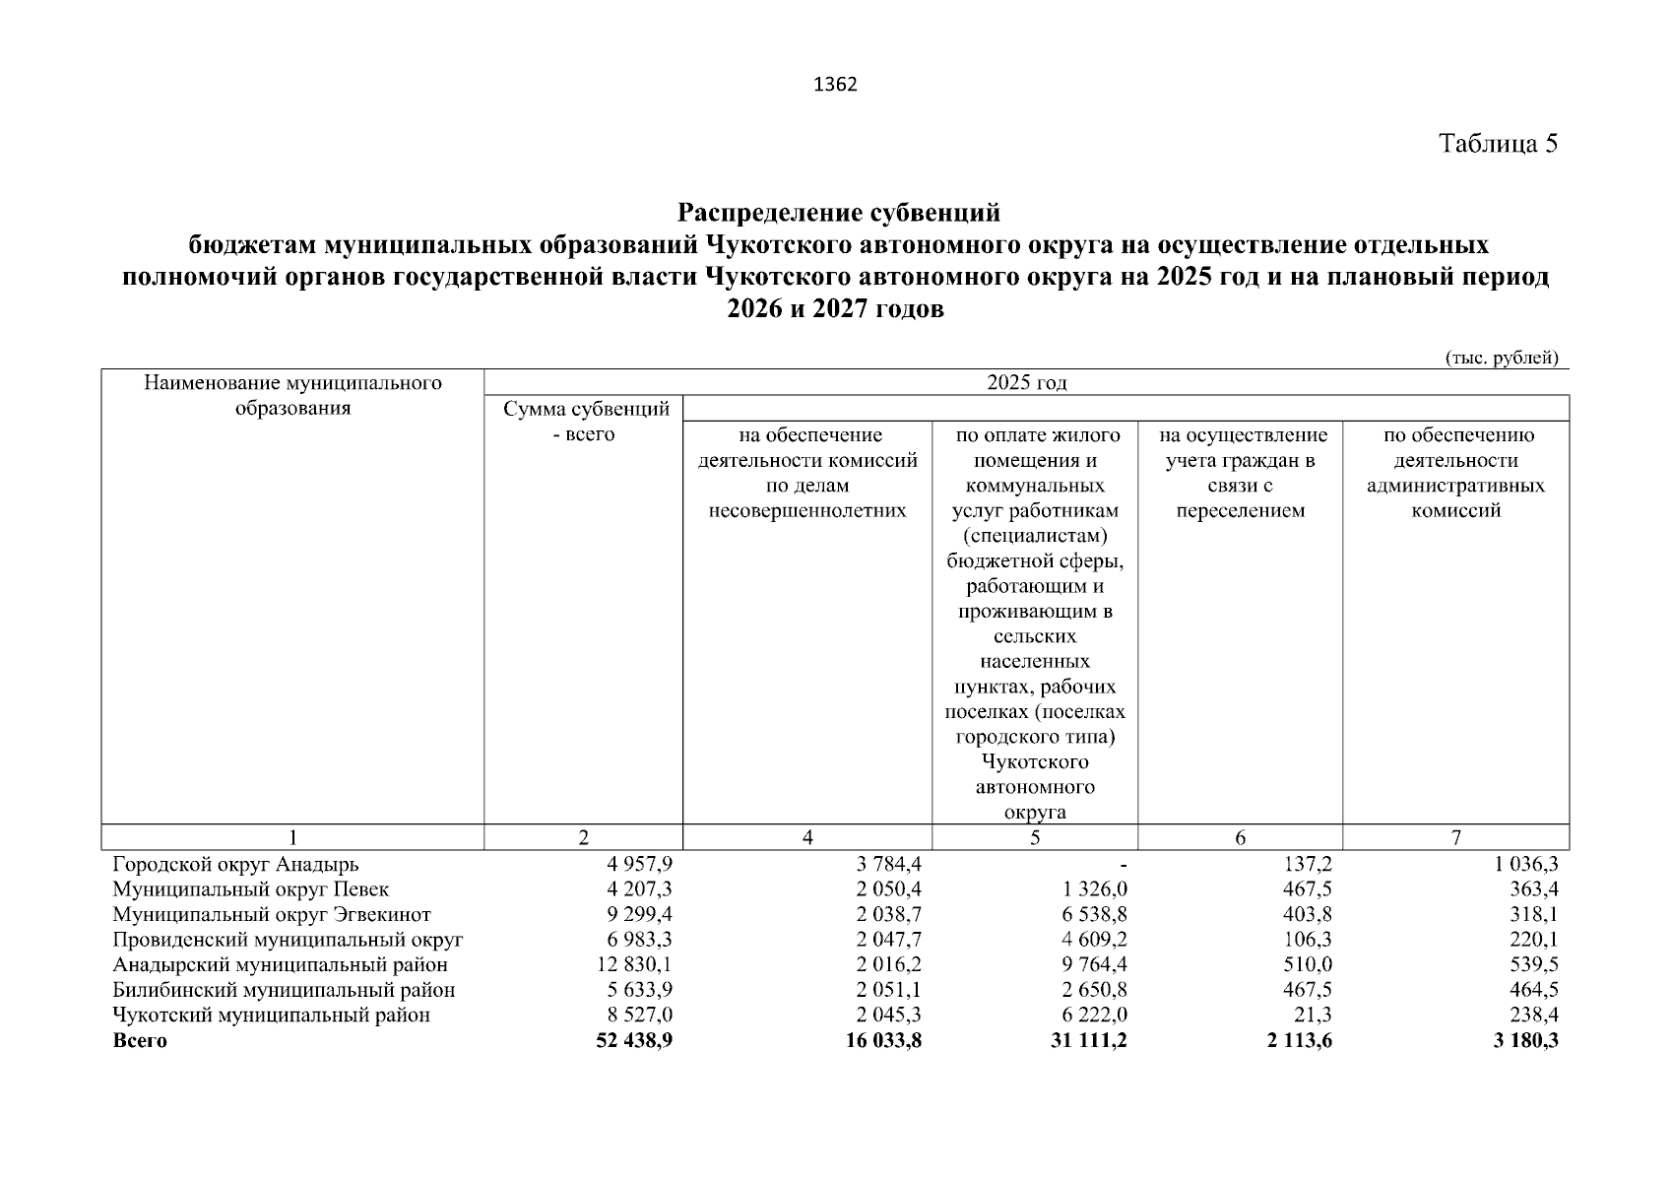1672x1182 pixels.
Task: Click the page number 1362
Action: click(836, 85)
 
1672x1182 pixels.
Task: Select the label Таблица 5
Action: click(1498, 144)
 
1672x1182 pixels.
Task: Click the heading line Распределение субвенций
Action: click(839, 213)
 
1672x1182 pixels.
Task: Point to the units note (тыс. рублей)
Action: click(1501, 358)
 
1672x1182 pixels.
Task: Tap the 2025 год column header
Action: click(1026, 383)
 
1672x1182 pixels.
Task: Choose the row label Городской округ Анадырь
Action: click(235, 865)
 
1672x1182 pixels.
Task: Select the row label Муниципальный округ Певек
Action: click(251, 889)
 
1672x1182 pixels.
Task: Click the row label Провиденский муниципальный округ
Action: click(288, 940)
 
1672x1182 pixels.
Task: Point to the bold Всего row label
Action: click(140, 1041)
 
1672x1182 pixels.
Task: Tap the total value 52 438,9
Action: click(634, 1041)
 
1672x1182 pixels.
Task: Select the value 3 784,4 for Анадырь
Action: click(889, 865)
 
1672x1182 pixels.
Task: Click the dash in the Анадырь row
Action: click(1123, 865)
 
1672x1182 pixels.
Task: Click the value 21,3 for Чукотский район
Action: click(1314, 1016)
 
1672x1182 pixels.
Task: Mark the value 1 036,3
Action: click(1525, 865)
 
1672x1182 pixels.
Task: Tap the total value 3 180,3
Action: click(1525, 1041)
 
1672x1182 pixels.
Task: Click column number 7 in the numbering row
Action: click(1455, 838)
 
